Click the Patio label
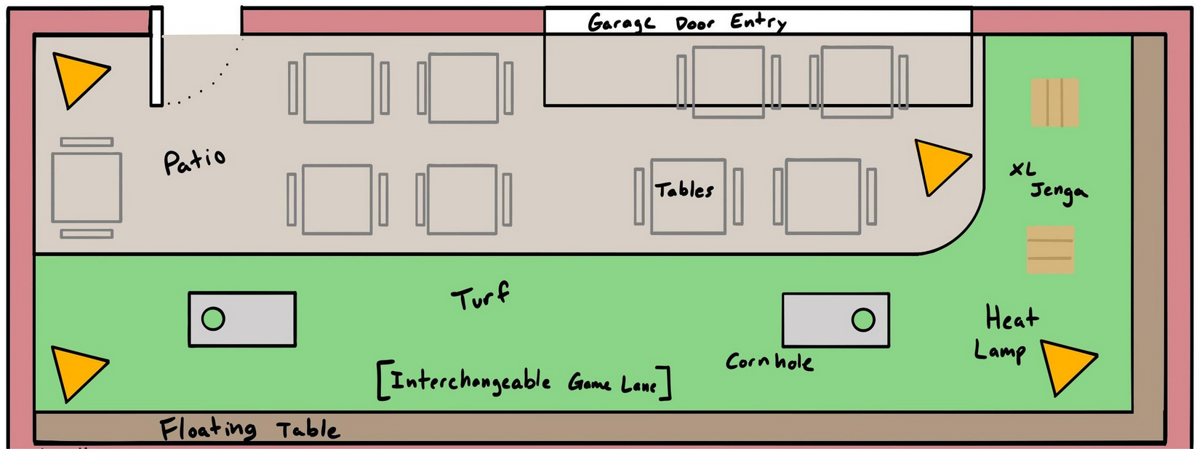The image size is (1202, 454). (x=194, y=161)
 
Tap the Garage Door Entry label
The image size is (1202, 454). (x=686, y=23)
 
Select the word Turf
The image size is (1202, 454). (x=480, y=296)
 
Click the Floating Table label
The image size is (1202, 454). (x=249, y=429)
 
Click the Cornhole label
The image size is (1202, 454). (x=769, y=362)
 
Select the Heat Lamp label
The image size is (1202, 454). (x=1007, y=333)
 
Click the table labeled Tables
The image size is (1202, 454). (x=687, y=196)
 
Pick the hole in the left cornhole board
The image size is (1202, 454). (x=213, y=319)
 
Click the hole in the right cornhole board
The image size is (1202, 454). (x=863, y=319)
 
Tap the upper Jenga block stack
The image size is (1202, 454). (x=1054, y=103)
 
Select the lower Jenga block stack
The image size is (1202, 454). (x=1050, y=250)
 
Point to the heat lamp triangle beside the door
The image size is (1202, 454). (x=78, y=77)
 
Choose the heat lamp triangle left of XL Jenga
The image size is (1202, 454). (x=938, y=165)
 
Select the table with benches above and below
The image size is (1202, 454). (x=87, y=187)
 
